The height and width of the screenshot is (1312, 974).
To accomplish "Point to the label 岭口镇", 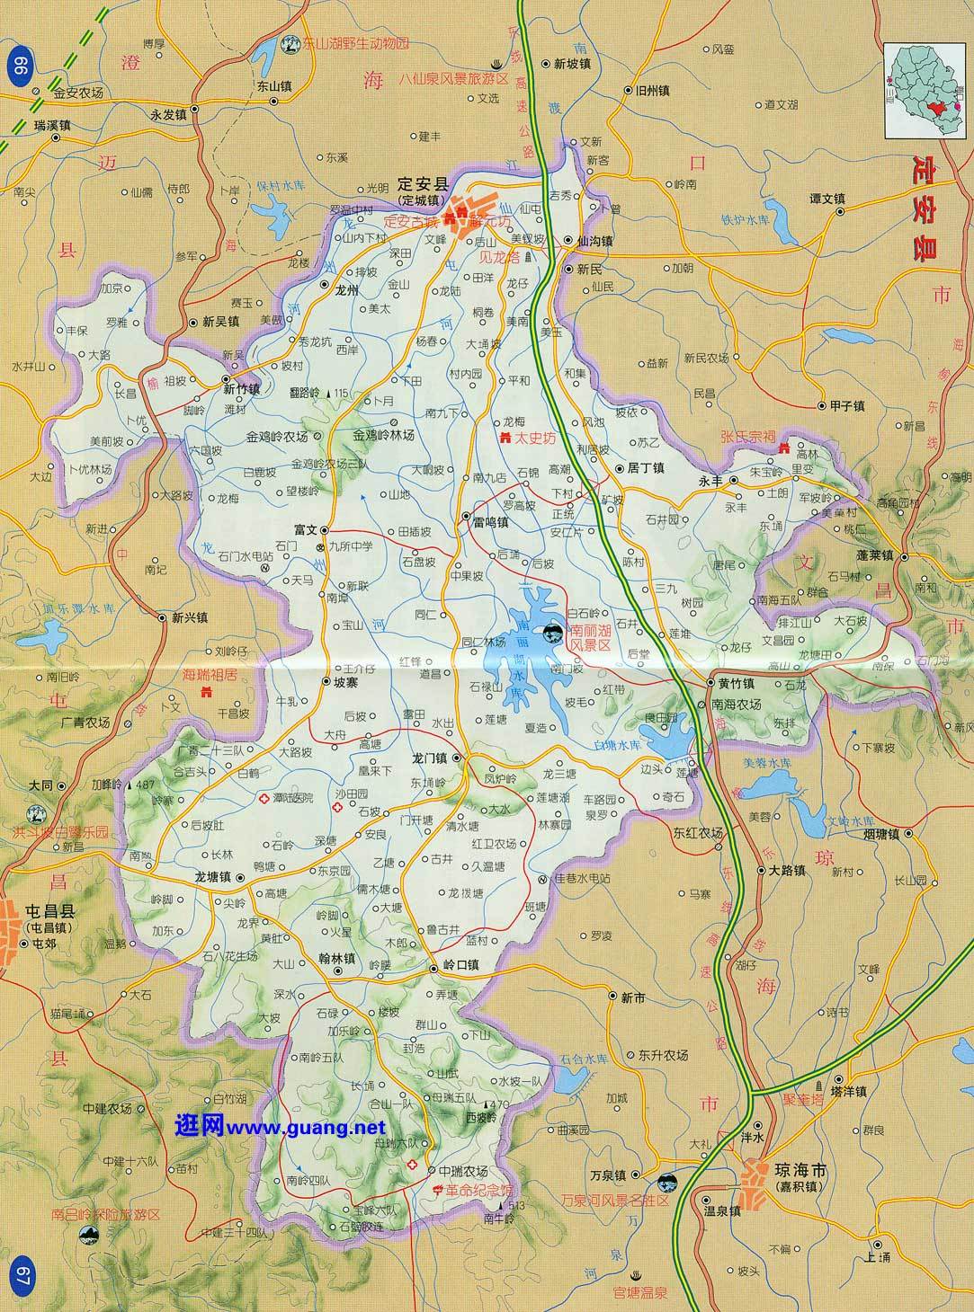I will (x=462, y=966).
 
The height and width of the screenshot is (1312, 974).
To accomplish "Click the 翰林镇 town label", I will (x=337, y=958).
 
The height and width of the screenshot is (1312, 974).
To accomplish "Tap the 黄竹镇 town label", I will (x=735, y=682).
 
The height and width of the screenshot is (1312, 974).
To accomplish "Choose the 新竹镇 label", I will (x=242, y=389).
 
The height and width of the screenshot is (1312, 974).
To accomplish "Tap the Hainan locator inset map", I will (x=926, y=90).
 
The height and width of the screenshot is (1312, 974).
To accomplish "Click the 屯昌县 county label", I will (x=52, y=911).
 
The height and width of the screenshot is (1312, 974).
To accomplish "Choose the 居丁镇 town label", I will (x=645, y=468).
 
